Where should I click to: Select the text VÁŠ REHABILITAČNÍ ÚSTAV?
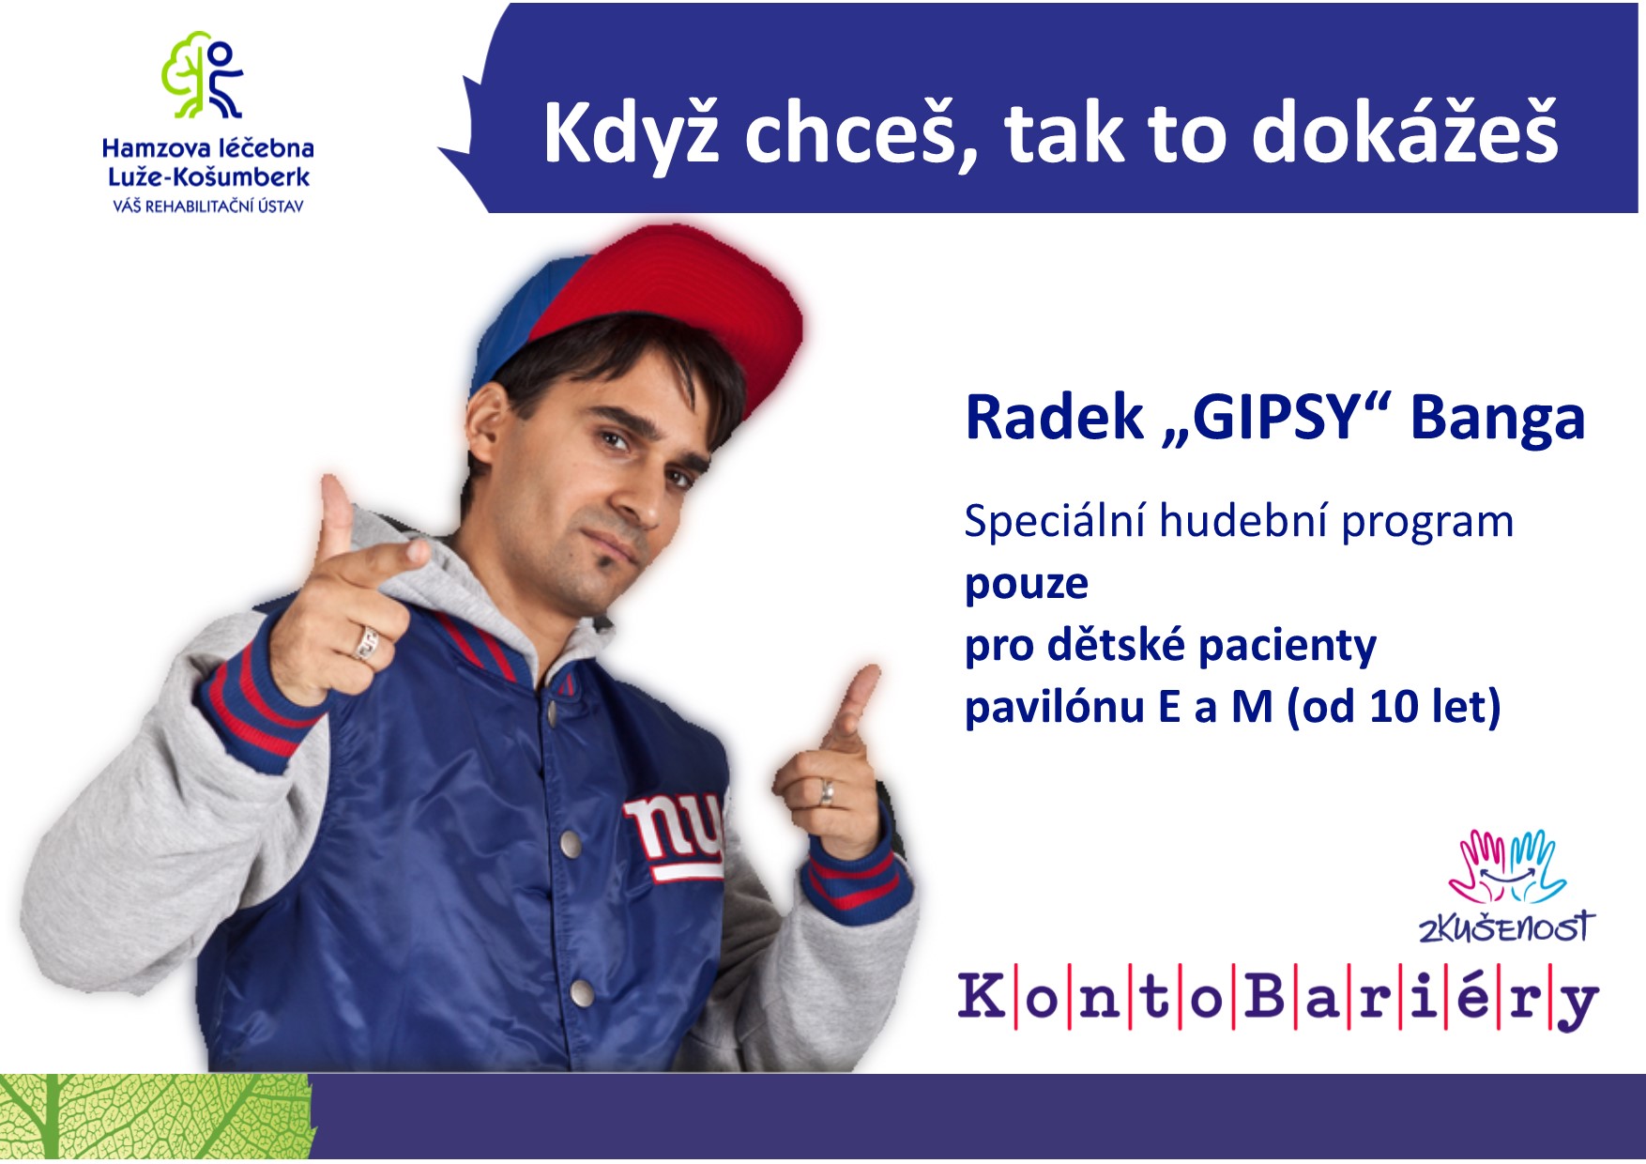[x=208, y=206]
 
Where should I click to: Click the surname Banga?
[x=1498, y=419]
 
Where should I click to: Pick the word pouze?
[x=1027, y=584]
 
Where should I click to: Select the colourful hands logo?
[x=1506, y=865]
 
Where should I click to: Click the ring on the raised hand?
[x=367, y=643]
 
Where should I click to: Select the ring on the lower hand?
[x=826, y=792]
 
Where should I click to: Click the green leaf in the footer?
[x=157, y=1117]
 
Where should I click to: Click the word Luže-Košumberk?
[x=208, y=176]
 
